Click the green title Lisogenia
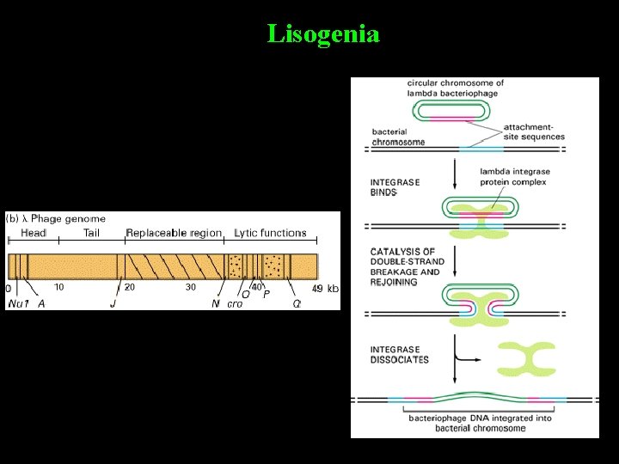tap(322, 34)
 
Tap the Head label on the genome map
tap(34, 233)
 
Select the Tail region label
tap(91, 233)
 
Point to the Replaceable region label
tap(173, 233)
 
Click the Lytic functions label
tap(270, 233)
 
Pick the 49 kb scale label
tap(324, 288)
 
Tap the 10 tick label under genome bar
tap(59, 287)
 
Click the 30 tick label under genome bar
tap(190, 287)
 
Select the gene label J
tap(113, 303)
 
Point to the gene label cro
tap(235, 303)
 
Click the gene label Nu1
tap(17, 303)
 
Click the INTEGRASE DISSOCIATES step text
tap(399, 354)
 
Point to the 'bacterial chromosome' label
tap(398, 137)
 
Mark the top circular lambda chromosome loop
tap(452, 111)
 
